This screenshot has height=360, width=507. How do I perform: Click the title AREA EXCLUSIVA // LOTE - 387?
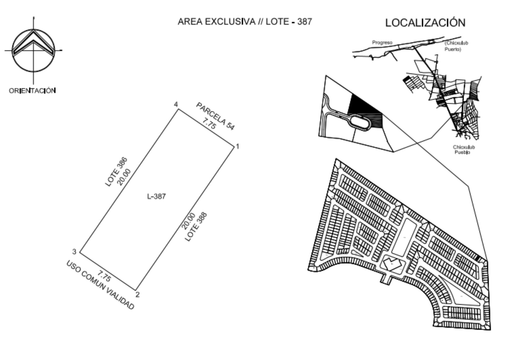point(245,22)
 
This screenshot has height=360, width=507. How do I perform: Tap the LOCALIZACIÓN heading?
point(425,22)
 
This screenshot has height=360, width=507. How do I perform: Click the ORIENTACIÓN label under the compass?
point(33,91)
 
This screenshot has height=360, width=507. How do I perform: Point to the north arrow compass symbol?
point(34,50)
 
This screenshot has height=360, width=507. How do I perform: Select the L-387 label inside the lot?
point(157,197)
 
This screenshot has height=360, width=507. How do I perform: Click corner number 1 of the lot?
point(237,146)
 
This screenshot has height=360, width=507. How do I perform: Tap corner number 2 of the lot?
point(138,295)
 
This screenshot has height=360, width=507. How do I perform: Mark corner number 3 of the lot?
point(74,251)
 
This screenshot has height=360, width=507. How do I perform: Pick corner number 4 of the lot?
point(176,104)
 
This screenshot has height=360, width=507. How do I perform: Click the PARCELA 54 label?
point(215,116)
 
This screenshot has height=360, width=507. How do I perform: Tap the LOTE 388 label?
point(196,227)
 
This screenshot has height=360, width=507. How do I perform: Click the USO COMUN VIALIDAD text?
point(100,285)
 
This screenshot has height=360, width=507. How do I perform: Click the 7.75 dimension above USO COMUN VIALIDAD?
point(104,276)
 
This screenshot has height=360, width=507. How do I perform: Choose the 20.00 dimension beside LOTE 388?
point(188,221)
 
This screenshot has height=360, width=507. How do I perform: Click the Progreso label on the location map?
point(382,43)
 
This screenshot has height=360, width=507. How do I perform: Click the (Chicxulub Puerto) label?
point(456,46)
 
